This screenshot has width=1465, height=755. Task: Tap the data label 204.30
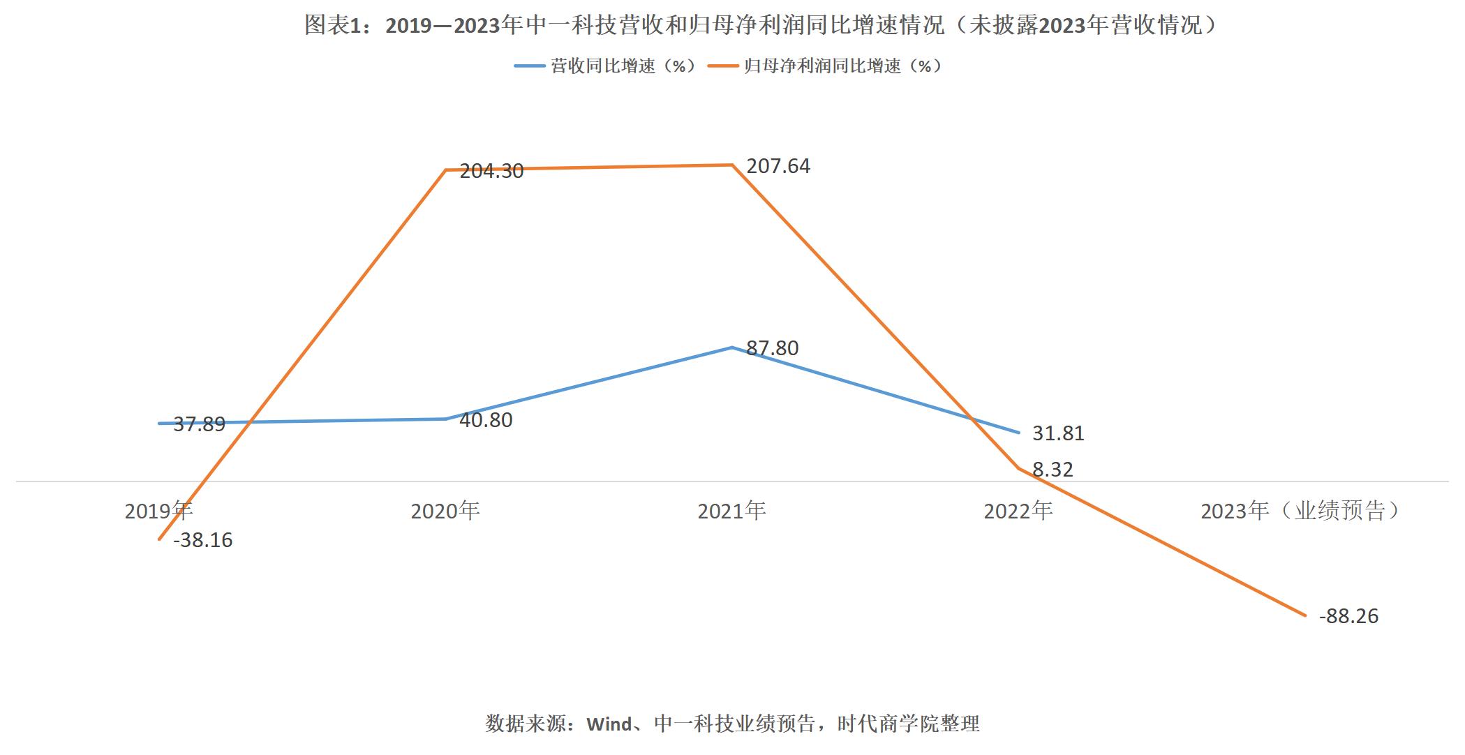click(x=491, y=171)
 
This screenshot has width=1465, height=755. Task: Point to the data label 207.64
click(x=778, y=166)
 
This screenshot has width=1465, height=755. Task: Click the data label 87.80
click(x=772, y=348)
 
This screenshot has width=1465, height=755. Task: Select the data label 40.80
click(x=486, y=420)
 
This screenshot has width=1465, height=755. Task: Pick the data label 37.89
click(x=199, y=424)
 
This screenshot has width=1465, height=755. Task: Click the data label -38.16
click(x=203, y=540)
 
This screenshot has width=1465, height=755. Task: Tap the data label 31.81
click(x=1058, y=433)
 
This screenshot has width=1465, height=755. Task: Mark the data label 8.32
click(x=1053, y=470)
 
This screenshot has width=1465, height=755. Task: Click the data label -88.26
click(x=1348, y=616)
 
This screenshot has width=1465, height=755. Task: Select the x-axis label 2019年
click(x=158, y=511)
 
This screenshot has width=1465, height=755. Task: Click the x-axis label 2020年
click(x=445, y=511)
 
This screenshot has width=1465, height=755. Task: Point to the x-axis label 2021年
click(x=732, y=511)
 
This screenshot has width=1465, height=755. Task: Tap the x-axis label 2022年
click(x=1018, y=511)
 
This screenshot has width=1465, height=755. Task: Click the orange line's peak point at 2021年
click(x=732, y=165)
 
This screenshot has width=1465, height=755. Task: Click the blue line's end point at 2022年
click(x=1019, y=433)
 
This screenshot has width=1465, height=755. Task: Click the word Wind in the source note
click(x=609, y=724)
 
